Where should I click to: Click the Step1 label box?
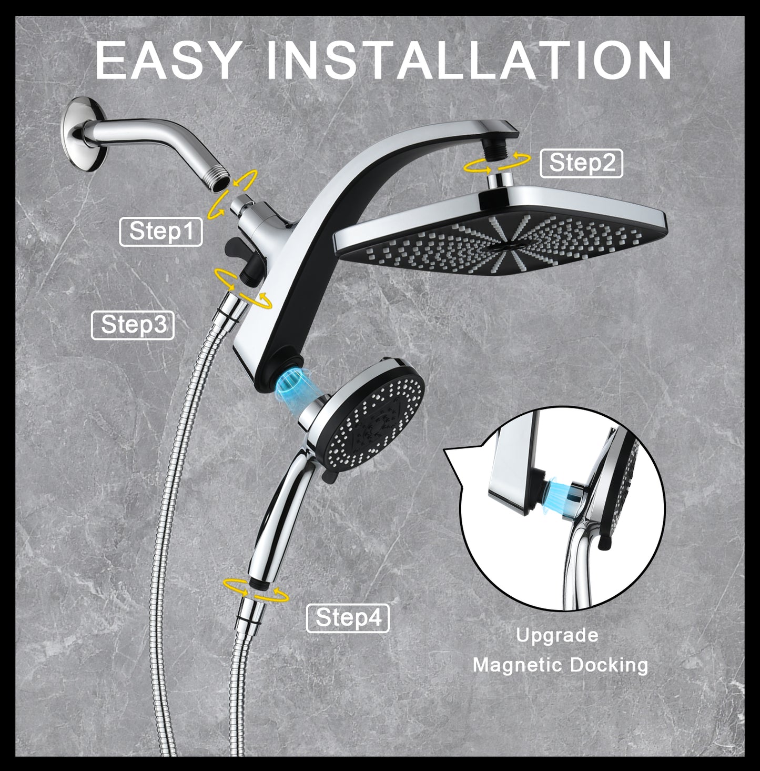tap(161, 231)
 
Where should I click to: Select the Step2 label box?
tap(581, 163)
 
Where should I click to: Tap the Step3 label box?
tap(133, 325)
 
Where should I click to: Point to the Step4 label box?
tap(348, 617)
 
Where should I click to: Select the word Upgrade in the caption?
tap(557, 635)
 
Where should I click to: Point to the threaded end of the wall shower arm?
tap(219, 178)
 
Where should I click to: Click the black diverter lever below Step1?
tap(236, 247)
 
